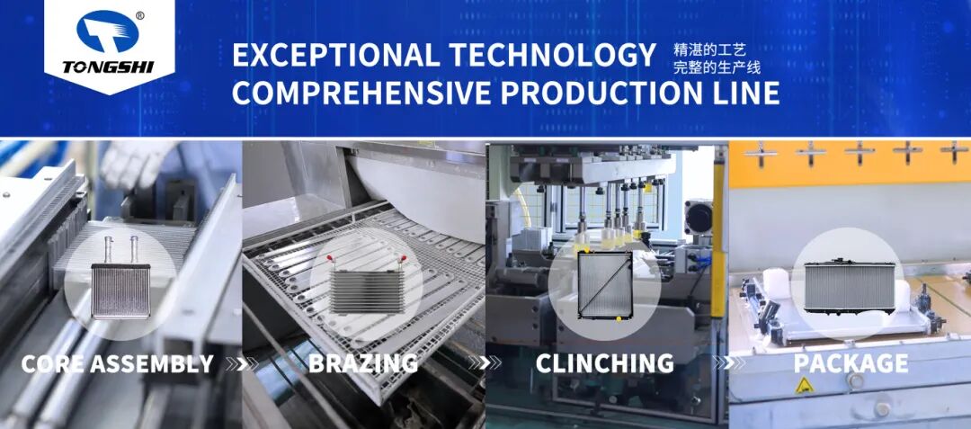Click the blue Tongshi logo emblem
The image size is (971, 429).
tap(108, 31)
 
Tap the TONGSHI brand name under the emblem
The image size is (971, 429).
tap(108, 67)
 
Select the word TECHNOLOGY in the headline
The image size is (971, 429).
tap(552, 55)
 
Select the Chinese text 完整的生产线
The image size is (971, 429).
tap(717, 67)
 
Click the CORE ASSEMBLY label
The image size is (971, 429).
tap(118, 364)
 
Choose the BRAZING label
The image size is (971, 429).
tap(363, 364)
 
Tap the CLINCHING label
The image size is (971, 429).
tap(604, 364)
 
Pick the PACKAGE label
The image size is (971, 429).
tap(851, 364)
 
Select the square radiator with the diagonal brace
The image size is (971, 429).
tap(604, 285)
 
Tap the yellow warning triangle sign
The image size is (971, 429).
tap(804, 386)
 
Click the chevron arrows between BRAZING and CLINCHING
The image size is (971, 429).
tap(485, 363)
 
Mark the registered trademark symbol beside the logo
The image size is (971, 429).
tap(140, 15)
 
